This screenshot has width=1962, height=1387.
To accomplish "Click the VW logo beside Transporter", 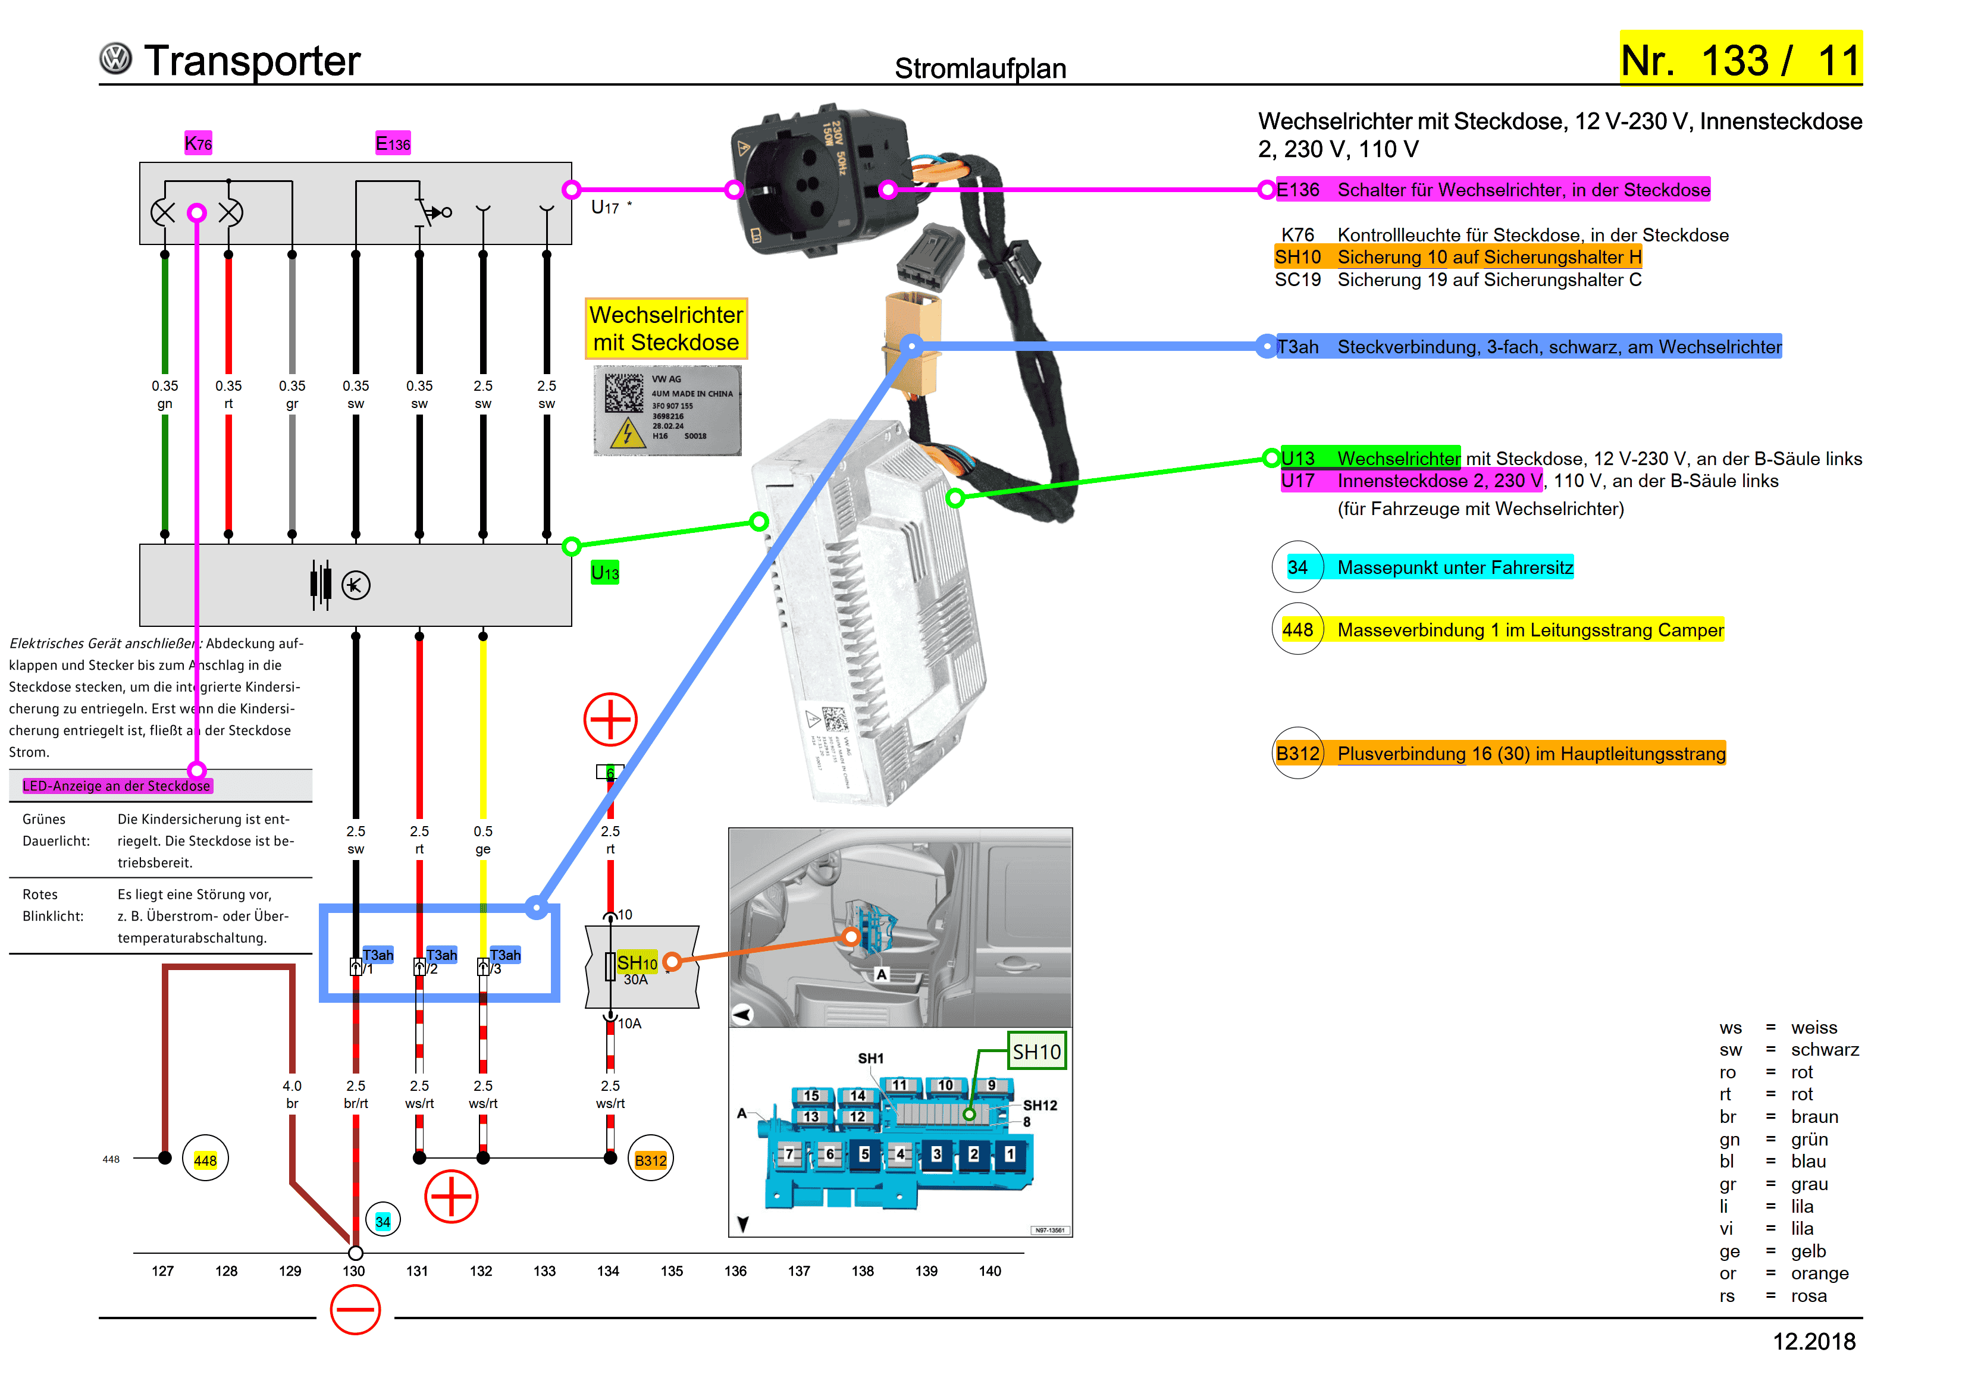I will pos(115,59).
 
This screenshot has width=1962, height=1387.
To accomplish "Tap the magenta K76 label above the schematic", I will pos(198,143).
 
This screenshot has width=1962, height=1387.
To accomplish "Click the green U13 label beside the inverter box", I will pos(605,573).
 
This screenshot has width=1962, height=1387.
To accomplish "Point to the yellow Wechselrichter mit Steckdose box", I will pos(666,328).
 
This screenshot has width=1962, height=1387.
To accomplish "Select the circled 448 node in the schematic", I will pos(205,1160).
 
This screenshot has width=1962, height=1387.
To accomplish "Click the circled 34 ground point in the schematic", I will pos(383,1221).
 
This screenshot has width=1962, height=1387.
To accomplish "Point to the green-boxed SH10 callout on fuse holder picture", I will pos(1036,1052).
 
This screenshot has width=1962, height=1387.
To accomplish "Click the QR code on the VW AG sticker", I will pos(625,393).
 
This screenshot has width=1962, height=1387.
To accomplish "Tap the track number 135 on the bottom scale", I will pos(672,1271).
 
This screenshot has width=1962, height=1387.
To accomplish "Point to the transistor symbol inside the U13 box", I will pos(356,585).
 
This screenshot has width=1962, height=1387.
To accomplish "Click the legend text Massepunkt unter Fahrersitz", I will pos(1455,567).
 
